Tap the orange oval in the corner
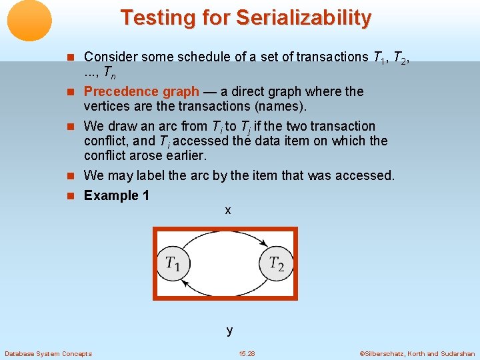point(29,21)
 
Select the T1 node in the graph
point(173,263)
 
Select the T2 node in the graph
point(276,263)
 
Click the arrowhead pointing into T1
point(185,284)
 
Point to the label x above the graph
point(228,210)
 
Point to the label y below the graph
point(229,329)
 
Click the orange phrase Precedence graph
point(141,91)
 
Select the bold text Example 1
point(117,195)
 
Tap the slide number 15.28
point(247,353)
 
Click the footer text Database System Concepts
point(48,353)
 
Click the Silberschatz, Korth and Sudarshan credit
point(417,353)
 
